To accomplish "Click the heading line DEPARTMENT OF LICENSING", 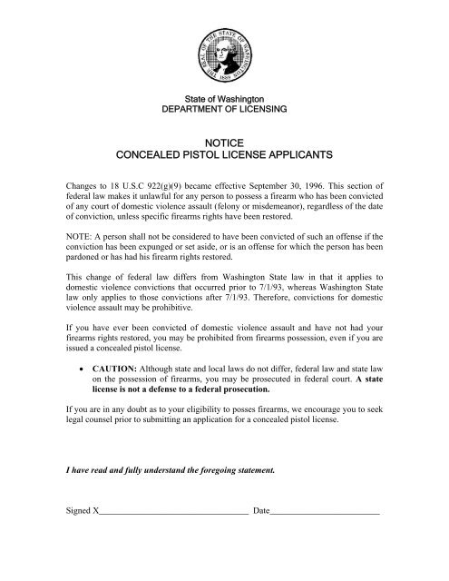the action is pyautogui.click(x=223, y=108).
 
